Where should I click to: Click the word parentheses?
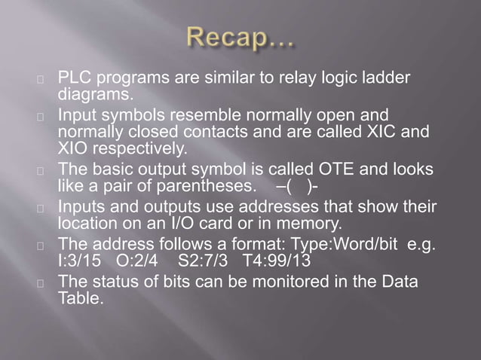(206, 184)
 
